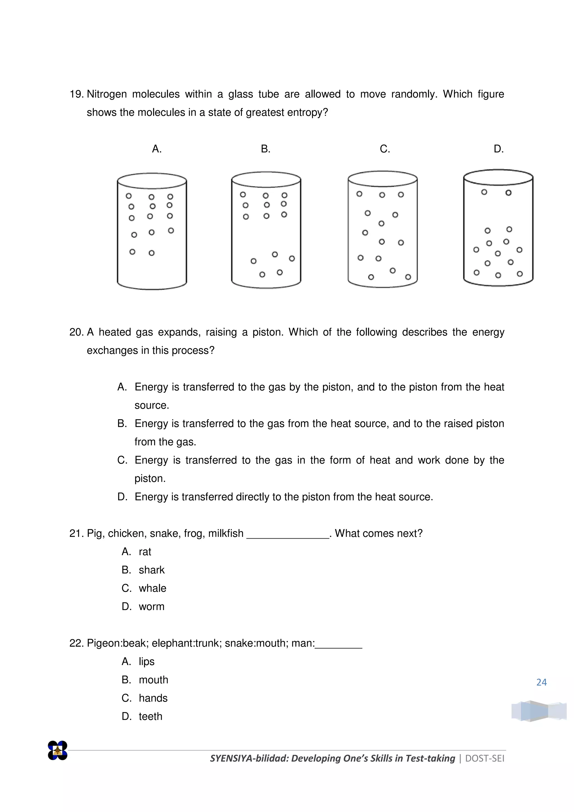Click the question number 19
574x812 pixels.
(x=76, y=94)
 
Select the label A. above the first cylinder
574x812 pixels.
(x=157, y=149)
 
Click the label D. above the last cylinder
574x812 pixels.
(x=498, y=149)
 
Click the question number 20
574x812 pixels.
(x=76, y=332)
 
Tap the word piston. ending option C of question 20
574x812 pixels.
(x=150, y=479)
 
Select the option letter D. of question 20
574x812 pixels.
(x=122, y=497)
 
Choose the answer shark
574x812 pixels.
(x=152, y=570)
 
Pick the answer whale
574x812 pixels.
(x=152, y=588)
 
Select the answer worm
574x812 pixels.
(x=152, y=606)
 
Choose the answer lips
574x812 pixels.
(x=147, y=661)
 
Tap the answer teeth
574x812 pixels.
(x=151, y=716)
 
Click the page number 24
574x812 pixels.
(x=541, y=682)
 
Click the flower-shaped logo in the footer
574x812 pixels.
(x=58, y=751)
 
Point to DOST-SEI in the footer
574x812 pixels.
(x=485, y=758)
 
